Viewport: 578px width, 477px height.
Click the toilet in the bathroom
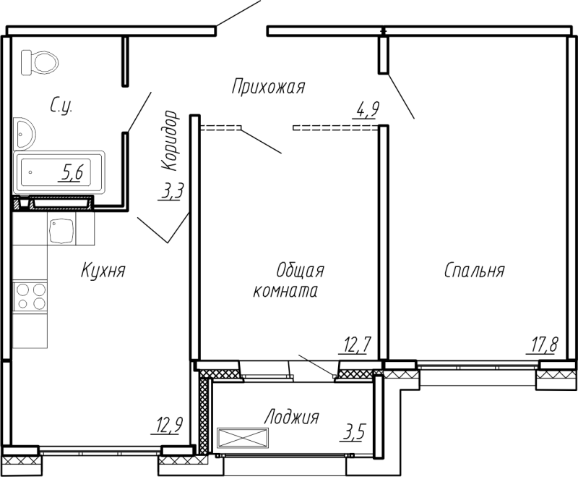coord(40,62)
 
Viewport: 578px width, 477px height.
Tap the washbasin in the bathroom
coord(24,133)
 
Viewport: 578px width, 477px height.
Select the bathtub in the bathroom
coord(59,172)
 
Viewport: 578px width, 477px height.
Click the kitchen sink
coord(61,229)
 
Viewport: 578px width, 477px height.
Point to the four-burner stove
coord(30,297)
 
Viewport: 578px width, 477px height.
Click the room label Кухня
coord(103,270)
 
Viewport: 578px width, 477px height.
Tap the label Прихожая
coord(268,87)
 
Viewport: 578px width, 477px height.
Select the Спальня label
coord(474,270)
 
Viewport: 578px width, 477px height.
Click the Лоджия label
coord(291,418)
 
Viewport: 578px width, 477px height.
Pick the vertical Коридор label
coord(171,140)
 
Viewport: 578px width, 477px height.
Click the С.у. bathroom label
coord(61,106)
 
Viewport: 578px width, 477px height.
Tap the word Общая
coord(300,271)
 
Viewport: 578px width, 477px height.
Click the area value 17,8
coord(544,345)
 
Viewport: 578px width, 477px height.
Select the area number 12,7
coord(354,345)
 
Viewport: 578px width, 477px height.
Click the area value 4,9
coord(366,109)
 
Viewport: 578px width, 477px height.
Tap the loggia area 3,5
coord(354,432)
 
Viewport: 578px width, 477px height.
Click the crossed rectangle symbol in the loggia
coord(242,438)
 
